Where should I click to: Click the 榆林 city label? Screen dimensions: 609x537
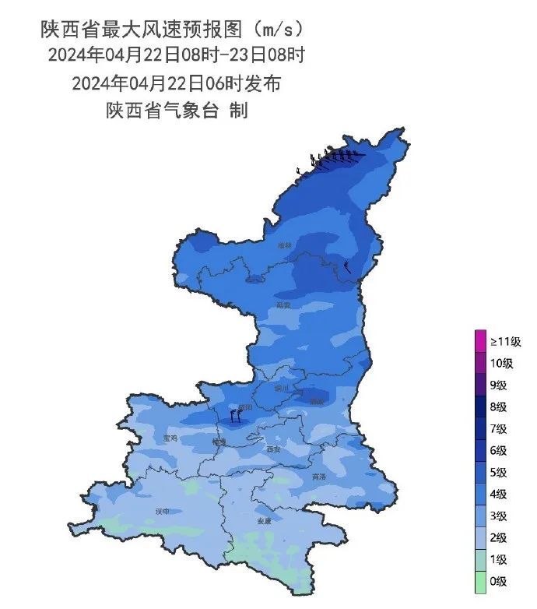tap(285, 245)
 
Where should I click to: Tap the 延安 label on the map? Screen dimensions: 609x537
tap(284, 305)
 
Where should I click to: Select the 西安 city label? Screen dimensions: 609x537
tap(272, 449)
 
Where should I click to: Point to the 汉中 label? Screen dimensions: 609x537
tap(163, 512)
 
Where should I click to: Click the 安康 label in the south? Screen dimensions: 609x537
tap(264, 521)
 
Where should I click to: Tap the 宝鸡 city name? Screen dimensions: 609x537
tap(170, 438)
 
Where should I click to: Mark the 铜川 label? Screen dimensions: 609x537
tap(281, 387)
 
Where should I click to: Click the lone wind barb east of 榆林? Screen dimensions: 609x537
tap(347, 267)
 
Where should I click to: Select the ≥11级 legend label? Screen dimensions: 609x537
tap(506, 341)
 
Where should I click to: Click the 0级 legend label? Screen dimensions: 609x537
tap(499, 581)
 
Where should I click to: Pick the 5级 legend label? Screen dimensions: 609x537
tap(499, 472)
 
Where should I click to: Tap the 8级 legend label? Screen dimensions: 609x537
tap(499, 407)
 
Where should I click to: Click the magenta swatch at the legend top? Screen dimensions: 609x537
tap(480, 341)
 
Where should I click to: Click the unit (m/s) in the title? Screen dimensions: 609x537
tap(272, 30)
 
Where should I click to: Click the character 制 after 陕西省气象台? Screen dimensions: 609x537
tap(238, 111)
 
